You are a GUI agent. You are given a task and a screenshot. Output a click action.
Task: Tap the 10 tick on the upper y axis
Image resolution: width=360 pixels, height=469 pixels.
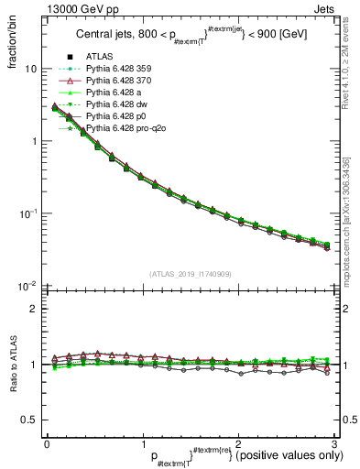(29, 69)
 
